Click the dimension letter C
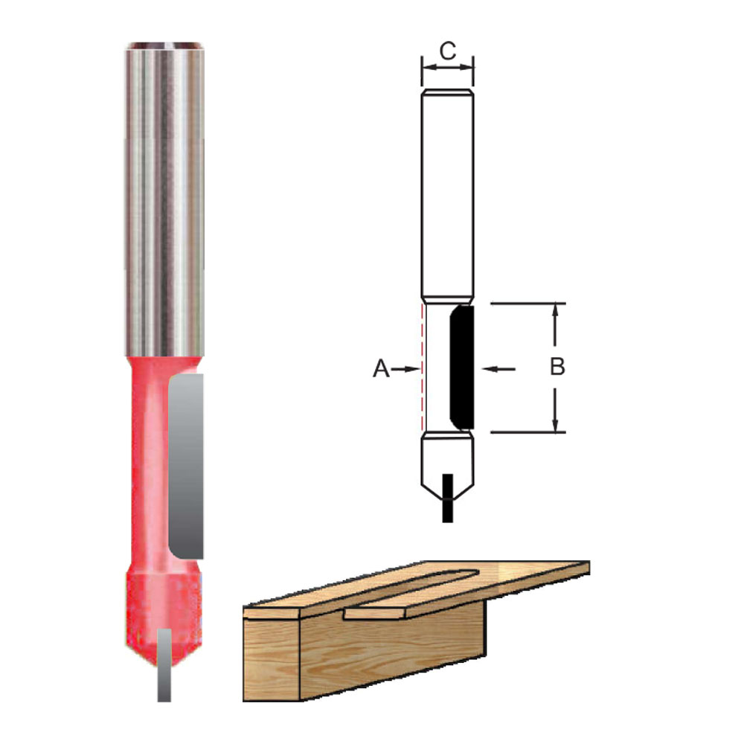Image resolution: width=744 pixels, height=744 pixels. [447, 50]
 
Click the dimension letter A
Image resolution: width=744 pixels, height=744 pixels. [381, 368]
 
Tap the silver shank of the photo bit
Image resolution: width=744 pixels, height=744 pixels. [164, 201]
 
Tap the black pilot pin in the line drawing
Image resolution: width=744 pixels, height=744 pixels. [447, 497]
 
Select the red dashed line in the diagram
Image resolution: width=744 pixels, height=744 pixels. [422, 368]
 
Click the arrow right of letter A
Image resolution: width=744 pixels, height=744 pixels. [405, 368]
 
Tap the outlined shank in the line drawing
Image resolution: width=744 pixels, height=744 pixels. [446, 193]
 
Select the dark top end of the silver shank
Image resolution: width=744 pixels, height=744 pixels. [164, 47]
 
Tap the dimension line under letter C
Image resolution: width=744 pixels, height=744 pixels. [447, 67]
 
